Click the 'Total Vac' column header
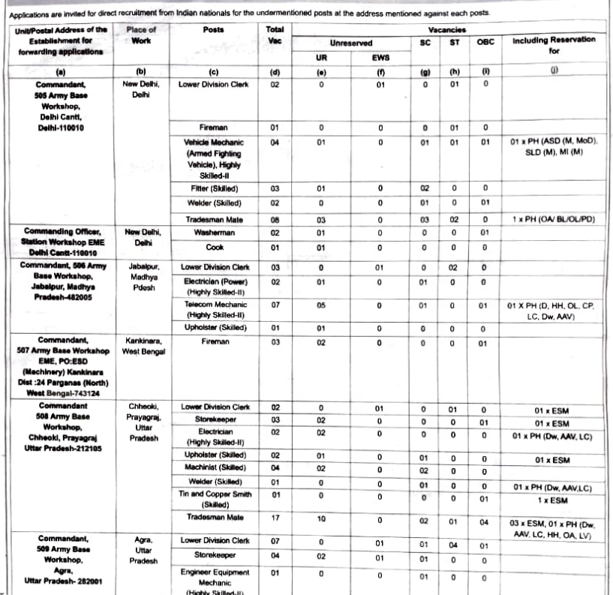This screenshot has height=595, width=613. (275, 35)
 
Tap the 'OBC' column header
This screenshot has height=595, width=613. (485, 44)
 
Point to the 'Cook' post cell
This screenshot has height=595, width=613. (213, 247)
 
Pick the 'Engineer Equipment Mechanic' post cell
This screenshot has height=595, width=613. (213, 580)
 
